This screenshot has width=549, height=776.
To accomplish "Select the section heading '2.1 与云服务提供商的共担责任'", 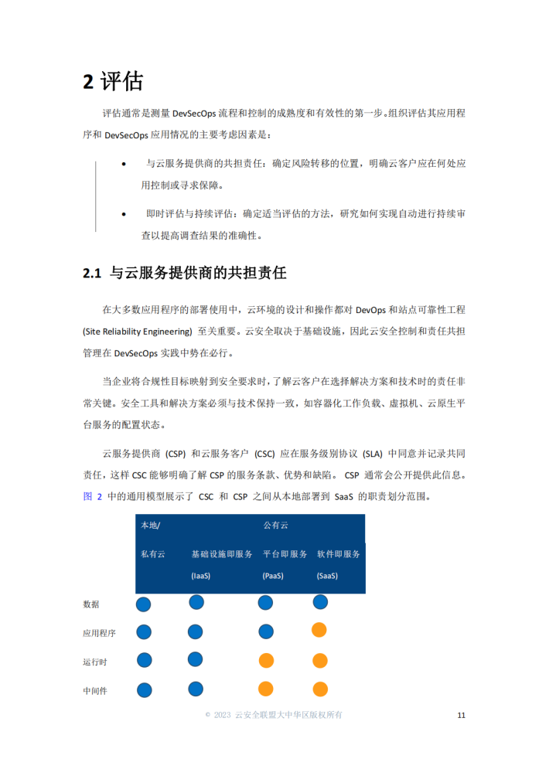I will point(185,273).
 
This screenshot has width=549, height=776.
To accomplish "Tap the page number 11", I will point(461,715).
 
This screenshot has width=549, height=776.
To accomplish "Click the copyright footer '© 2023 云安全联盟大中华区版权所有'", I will point(274,715).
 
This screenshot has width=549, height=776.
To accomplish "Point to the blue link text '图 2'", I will point(92,496).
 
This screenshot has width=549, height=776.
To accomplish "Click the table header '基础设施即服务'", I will point(222,554).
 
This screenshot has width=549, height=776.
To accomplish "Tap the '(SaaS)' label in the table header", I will point(327,576).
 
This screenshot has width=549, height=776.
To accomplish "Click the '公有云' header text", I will point(275,526).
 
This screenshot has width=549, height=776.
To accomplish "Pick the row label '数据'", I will point(90,604).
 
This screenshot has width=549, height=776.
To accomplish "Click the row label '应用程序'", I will point(99,633).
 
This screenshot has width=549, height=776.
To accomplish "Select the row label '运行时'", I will point(94,662).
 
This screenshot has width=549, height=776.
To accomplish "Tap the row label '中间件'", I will point(94,690).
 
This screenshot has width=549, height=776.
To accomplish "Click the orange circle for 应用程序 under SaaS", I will point(319,631).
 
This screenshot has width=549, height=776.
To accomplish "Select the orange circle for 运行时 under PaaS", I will point(266,661).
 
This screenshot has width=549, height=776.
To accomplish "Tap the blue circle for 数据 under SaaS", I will point(320,602).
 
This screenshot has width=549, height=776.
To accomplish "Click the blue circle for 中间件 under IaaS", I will point(195,689).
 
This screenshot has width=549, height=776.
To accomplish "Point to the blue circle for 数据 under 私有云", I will point(144,604).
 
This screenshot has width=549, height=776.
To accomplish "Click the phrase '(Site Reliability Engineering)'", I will point(137,332).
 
